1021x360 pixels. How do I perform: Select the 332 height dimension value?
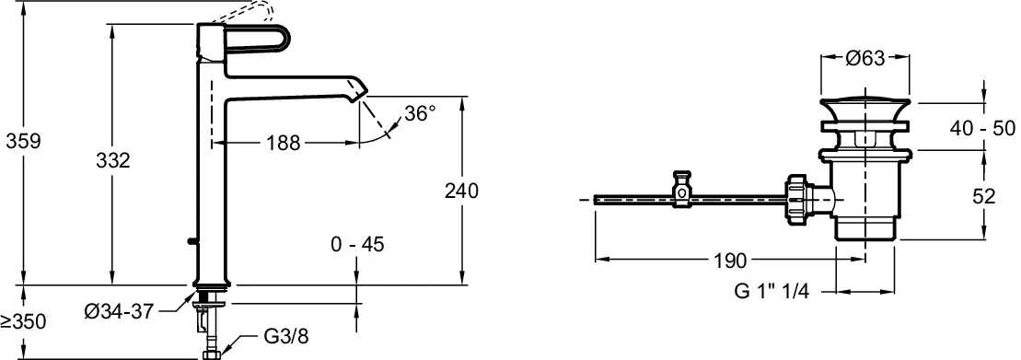coord(112,160)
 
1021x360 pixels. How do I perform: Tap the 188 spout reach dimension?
coord(284,143)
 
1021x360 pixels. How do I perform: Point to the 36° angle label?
coord(419,114)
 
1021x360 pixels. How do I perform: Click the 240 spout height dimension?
coord(461,191)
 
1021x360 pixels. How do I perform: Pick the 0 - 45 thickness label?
coord(357,244)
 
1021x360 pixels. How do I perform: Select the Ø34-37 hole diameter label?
coord(119,312)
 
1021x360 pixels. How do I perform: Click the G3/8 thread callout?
coord(285,337)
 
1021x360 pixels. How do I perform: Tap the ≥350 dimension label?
coord(24,320)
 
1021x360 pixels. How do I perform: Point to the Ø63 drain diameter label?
coord(865,59)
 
